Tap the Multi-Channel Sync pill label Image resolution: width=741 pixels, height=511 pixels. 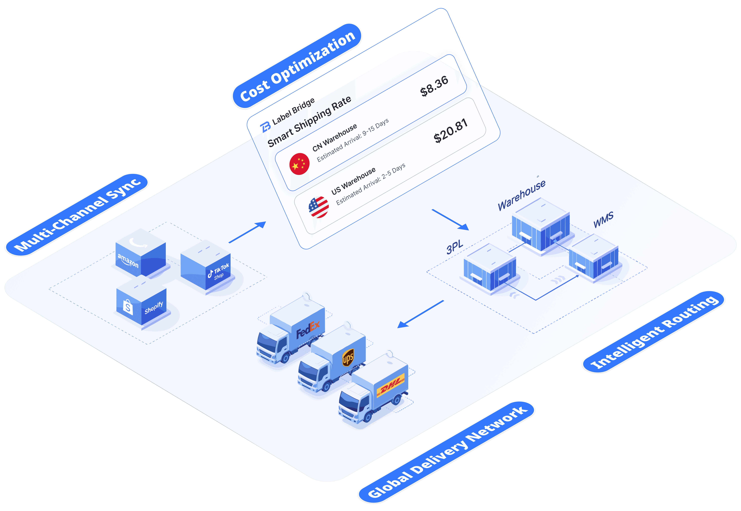[77, 215]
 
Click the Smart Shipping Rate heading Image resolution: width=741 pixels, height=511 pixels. [309, 122]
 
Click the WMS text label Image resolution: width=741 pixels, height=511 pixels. [603, 220]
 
